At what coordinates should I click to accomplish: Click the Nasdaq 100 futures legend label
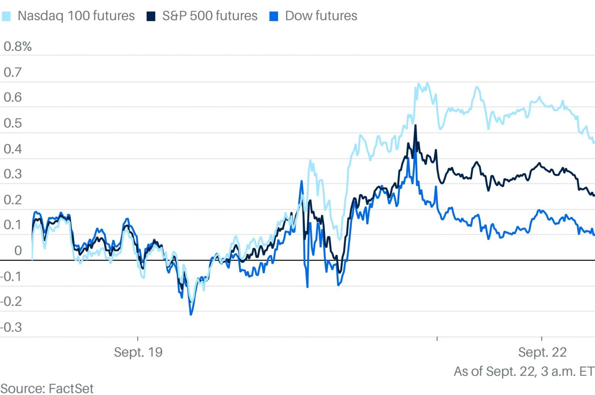[x=76, y=16]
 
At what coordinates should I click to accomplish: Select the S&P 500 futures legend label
[x=209, y=16]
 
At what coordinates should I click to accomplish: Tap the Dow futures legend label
[x=321, y=16]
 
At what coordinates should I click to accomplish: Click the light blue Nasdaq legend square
[x=6, y=16]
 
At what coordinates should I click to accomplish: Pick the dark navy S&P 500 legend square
[x=151, y=16]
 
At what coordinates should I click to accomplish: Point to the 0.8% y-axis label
[x=17, y=47]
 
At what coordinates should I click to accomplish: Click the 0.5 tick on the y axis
[x=13, y=123]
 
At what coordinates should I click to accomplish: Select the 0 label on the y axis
[x=18, y=251]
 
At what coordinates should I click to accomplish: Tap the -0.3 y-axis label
[x=11, y=327]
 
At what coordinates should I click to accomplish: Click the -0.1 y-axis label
[x=11, y=276]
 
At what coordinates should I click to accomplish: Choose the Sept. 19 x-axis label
[x=138, y=352]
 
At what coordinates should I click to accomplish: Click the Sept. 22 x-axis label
[x=542, y=352]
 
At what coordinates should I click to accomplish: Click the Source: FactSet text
[x=47, y=389]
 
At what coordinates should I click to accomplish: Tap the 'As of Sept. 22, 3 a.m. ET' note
[x=524, y=371]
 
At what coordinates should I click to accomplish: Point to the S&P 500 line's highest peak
[x=416, y=125]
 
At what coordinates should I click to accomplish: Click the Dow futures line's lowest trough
[x=191, y=314]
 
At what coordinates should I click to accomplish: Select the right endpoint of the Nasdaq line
[x=593, y=142]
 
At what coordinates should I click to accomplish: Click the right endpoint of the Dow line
[x=593, y=234]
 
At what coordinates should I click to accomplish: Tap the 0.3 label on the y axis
[x=13, y=174]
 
